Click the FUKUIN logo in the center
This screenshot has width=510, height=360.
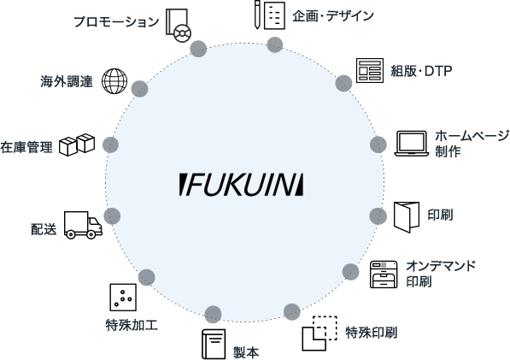(x=241, y=185)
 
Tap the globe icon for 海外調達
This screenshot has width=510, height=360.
(x=114, y=81)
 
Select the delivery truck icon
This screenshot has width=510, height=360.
(x=83, y=225)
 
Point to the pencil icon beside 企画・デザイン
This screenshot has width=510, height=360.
(x=257, y=15)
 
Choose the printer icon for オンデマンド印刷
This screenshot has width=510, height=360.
(x=384, y=274)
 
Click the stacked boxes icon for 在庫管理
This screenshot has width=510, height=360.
(x=77, y=145)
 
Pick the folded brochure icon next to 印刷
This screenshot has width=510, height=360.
(x=407, y=217)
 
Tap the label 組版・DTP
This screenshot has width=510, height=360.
(x=421, y=71)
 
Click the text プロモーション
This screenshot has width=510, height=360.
(x=116, y=22)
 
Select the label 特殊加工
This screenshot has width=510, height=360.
(x=132, y=325)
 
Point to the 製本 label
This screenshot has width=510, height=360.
(x=246, y=352)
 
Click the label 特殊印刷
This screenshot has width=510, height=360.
(x=371, y=333)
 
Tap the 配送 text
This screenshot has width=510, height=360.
(x=44, y=229)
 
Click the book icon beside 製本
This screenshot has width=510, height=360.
(x=214, y=344)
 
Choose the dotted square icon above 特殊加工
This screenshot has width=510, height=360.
(x=123, y=298)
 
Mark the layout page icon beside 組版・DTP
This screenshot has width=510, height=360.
(x=370, y=70)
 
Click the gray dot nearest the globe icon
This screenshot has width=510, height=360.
(x=139, y=89)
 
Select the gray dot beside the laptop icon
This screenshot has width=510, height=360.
(x=378, y=145)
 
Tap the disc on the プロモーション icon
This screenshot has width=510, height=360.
(x=183, y=33)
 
